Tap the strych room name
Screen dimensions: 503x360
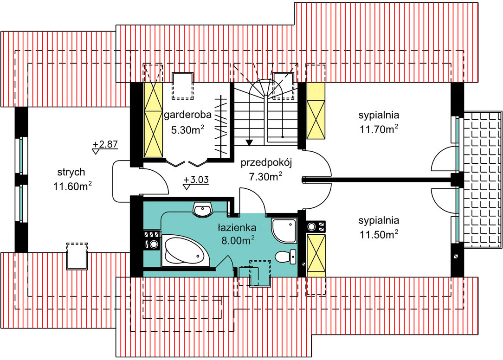tap(71, 172)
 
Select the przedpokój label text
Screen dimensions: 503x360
tap(266, 163)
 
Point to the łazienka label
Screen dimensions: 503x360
tap(237, 228)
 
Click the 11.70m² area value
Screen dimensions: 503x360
tap(379, 129)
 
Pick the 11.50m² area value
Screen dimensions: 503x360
tap(379, 235)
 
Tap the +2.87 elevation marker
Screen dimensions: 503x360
tap(105, 145)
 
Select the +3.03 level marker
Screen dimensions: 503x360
tap(196, 180)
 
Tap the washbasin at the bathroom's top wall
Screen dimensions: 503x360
tap(203, 209)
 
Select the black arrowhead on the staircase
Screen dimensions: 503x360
tap(249, 142)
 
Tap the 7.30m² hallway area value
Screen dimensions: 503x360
tap(265, 176)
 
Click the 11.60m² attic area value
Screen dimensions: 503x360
tap(73, 186)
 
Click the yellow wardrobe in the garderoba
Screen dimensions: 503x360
tap(153, 120)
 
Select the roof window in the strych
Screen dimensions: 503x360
tap(77, 256)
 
